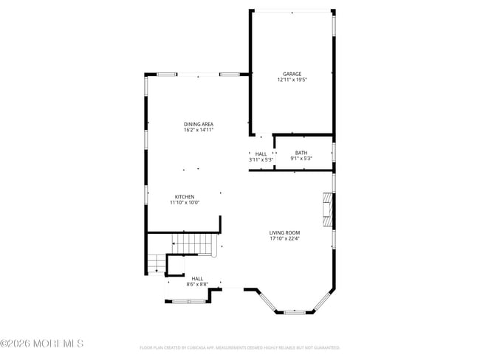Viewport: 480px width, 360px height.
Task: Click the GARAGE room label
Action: click(292, 74)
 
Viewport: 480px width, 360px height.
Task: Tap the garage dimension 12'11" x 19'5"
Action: click(292, 80)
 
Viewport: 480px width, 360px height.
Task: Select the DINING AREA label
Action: click(199, 124)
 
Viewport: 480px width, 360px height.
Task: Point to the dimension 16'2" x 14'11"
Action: click(199, 130)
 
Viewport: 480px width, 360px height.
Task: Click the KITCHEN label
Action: click(185, 197)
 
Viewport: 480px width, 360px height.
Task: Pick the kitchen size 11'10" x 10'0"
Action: click(185, 203)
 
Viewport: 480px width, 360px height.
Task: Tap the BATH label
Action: click(301, 153)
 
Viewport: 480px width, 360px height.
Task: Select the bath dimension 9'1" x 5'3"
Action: click(301, 159)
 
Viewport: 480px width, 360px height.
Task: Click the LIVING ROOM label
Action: click(284, 233)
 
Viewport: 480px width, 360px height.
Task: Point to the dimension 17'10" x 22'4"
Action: click(284, 239)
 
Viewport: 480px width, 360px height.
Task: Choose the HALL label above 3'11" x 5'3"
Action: click(261, 153)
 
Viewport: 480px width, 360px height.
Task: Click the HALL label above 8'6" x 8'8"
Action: click(197, 278)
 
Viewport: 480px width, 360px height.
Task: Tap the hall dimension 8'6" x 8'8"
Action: click(197, 284)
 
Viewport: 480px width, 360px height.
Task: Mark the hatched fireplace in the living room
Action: click(327, 210)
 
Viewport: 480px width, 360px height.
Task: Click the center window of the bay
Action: click(295, 313)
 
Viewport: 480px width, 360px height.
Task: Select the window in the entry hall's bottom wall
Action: click(188, 301)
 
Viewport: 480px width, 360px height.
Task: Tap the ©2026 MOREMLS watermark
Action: click(42, 344)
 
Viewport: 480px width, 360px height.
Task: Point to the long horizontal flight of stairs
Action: click(194, 243)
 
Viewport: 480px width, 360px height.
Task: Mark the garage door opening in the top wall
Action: click(292, 11)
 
